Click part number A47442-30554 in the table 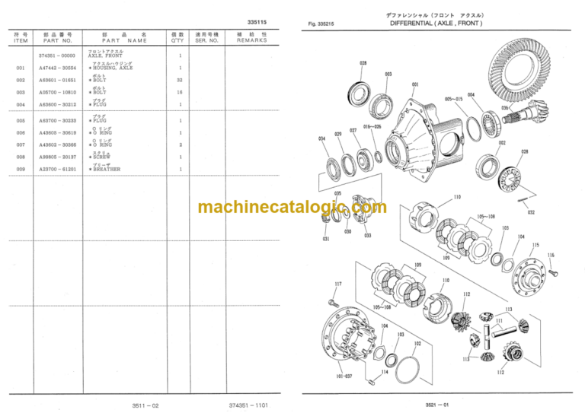coord(58,68)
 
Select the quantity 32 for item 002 coord(180,80)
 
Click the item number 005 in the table coord(21,120)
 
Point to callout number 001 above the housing coord(414,85)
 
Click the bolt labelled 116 coord(554,266)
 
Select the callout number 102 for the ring coord(417,343)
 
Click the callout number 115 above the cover coord(536,246)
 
